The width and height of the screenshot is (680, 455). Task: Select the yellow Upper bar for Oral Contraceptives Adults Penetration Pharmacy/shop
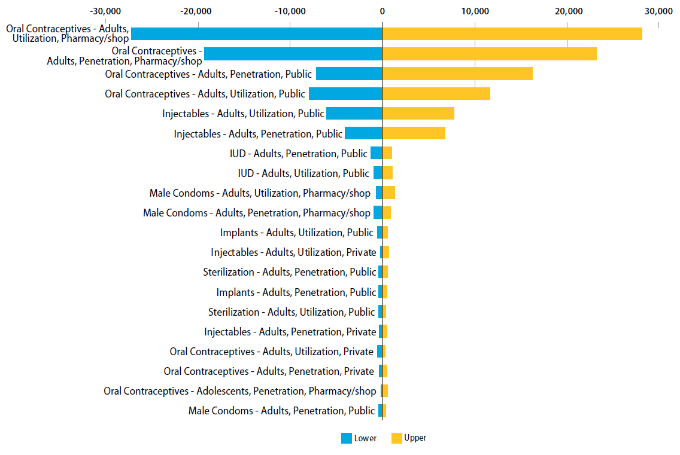pyautogui.click(x=489, y=53)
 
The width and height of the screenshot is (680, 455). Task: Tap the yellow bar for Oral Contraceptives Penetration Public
pyautogui.click(x=457, y=74)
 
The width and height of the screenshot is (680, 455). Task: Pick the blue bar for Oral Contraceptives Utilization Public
pyautogui.click(x=345, y=93)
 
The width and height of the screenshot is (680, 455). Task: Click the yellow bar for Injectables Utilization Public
pyautogui.click(x=418, y=113)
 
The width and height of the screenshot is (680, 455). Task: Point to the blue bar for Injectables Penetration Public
pyautogui.click(x=363, y=133)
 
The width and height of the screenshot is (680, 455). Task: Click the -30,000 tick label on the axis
pyautogui.click(x=105, y=11)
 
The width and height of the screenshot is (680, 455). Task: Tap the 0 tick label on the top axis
pyautogui.click(x=382, y=11)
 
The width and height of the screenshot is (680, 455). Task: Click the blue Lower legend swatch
pyautogui.click(x=347, y=438)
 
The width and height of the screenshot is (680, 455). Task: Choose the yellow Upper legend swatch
pyautogui.click(x=397, y=438)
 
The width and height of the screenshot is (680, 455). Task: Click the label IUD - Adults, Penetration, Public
pyautogui.click(x=298, y=154)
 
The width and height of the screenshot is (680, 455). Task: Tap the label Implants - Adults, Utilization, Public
pyautogui.click(x=296, y=233)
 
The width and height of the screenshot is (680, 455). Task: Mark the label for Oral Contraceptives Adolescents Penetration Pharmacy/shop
pyautogui.click(x=239, y=391)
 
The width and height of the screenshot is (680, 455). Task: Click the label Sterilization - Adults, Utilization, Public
pyautogui.click(x=291, y=312)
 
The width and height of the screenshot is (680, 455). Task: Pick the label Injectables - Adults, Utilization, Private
pyautogui.click(x=293, y=252)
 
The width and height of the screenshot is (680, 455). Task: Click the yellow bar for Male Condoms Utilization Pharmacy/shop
pyautogui.click(x=388, y=193)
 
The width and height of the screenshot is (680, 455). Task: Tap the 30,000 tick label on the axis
pyautogui.click(x=658, y=11)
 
